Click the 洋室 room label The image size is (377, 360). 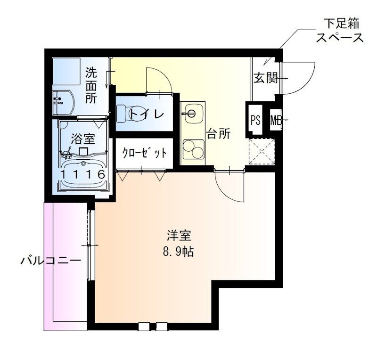179,236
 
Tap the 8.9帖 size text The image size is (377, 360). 179,252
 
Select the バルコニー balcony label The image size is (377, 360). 51,261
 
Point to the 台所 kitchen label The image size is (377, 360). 219,134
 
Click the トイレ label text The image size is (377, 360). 147,114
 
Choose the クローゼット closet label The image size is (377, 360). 145,153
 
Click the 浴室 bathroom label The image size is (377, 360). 83,139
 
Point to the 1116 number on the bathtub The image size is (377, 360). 83,174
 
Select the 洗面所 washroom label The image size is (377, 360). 91,86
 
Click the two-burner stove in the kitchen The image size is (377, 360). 193,149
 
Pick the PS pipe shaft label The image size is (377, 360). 255,120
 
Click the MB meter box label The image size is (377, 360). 276,120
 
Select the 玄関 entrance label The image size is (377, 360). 266,78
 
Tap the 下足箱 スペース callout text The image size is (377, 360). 339,31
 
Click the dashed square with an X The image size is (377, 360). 262,151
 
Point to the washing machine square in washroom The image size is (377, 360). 66,71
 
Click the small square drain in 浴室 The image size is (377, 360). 83,151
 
